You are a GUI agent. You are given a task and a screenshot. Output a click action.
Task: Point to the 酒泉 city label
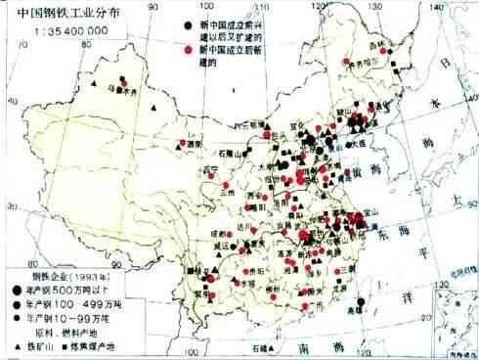point(193,142)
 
